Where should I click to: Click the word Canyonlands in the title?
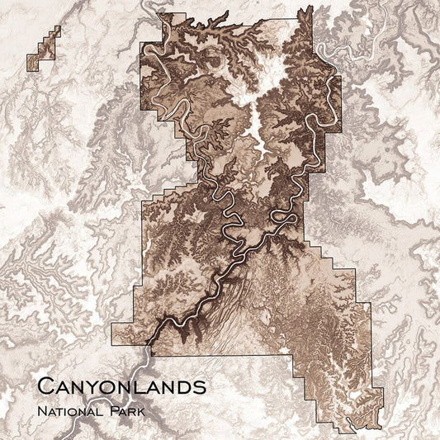click(x=121, y=385)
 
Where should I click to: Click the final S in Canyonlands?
click(x=198, y=386)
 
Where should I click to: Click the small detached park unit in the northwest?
click(x=43, y=49)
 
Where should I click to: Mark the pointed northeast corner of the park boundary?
click(x=310, y=7)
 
